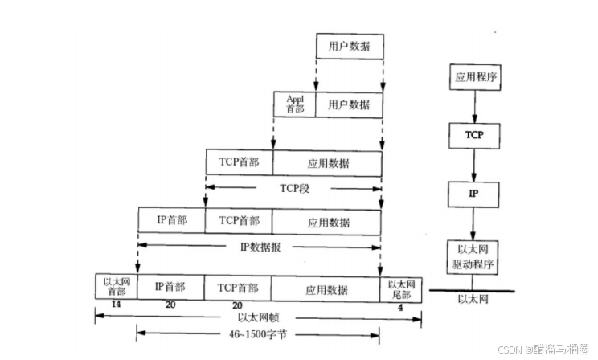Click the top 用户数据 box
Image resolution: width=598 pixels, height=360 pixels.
pyautogui.click(x=349, y=47)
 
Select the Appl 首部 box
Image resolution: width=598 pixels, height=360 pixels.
pyautogui.click(x=295, y=104)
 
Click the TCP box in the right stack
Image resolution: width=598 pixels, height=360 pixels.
pyautogui.click(x=474, y=134)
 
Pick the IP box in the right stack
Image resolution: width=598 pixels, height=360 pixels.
pyautogui.click(x=474, y=194)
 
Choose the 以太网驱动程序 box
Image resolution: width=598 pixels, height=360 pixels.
pyautogui.click(x=474, y=255)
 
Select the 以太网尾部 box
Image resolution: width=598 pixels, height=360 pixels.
pyautogui.click(x=400, y=287)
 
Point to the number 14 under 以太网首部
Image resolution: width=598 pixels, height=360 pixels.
pyautogui.click(x=116, y=306)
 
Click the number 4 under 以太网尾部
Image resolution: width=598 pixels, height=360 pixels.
pyautogui.click(x=399, y=306)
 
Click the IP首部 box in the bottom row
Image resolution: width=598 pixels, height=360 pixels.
pyautogui.click(x=170, y=287)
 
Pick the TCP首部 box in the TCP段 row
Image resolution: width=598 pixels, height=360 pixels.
pyautogui.click(x=239, y=161)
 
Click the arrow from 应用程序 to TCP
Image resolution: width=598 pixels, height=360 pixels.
pyautogui.click(x=474, y=106)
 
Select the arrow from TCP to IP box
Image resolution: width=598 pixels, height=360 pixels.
pyautogui.click(x=474, y=164)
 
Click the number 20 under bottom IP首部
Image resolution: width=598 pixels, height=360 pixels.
pyautogui.click(x=170, y=306)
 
